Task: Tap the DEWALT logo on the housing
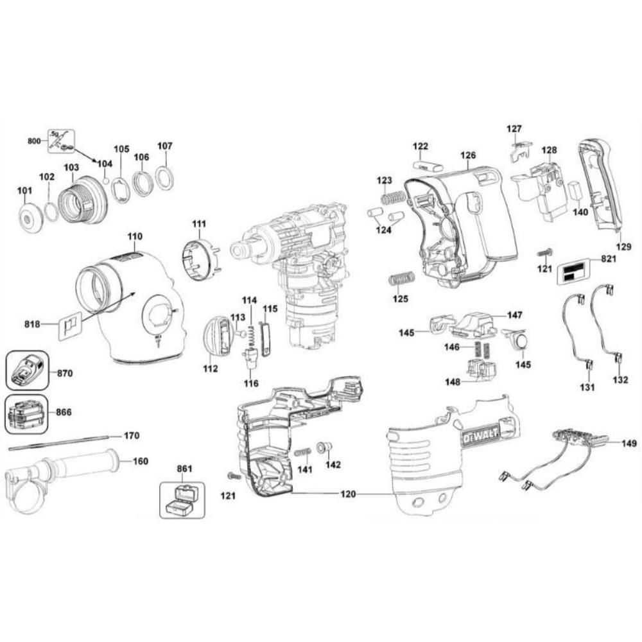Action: pos(478,437)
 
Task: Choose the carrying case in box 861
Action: pos(181,499)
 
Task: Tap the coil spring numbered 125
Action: pos(402,279)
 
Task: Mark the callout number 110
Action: pos(134,237)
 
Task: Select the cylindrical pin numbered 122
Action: pos(427,165)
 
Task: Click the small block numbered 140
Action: pos(575,192)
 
